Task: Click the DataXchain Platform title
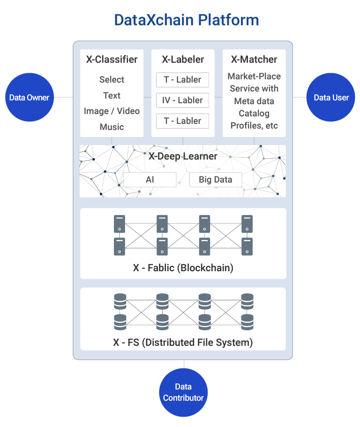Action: tap(187, 20)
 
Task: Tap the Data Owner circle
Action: tap(30, 97)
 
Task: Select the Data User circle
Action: tap(330, 97)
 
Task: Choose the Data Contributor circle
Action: tap(183, 392)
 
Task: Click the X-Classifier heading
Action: tap(112, 60)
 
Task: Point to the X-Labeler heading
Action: tap(183, 60)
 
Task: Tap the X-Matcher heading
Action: tap(254, 60)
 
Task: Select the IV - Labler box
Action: tap(183, 100)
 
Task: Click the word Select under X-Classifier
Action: tap(112, 79)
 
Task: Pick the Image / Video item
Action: tap(112, 111)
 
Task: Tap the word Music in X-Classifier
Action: tap(112, 127)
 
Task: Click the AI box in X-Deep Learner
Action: tap(150, 179)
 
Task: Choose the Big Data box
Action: tap(216, 179)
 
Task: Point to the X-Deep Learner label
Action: tap(183, 156)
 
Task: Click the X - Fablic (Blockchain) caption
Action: tap(183, 267)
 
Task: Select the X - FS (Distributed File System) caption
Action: tap(183, 343)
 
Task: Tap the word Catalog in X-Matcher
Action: tap(254, 113)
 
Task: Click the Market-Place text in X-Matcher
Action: tap(254, 76)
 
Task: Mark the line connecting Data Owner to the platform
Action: tap(63, 97)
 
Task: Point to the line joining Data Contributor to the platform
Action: tap(184, 364)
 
